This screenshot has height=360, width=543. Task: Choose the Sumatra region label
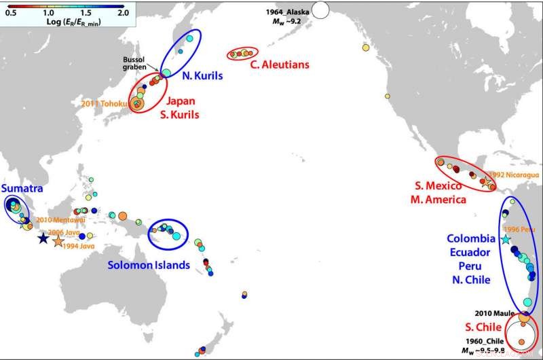click(19, 187)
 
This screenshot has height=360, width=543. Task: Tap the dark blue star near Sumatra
click(43, 238)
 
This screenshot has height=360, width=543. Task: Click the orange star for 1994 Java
click(58, 241)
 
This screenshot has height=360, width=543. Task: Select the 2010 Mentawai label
click(55, 219)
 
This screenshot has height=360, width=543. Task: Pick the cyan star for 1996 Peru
click(504, 240)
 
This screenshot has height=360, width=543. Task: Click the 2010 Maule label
click(492, 312)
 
